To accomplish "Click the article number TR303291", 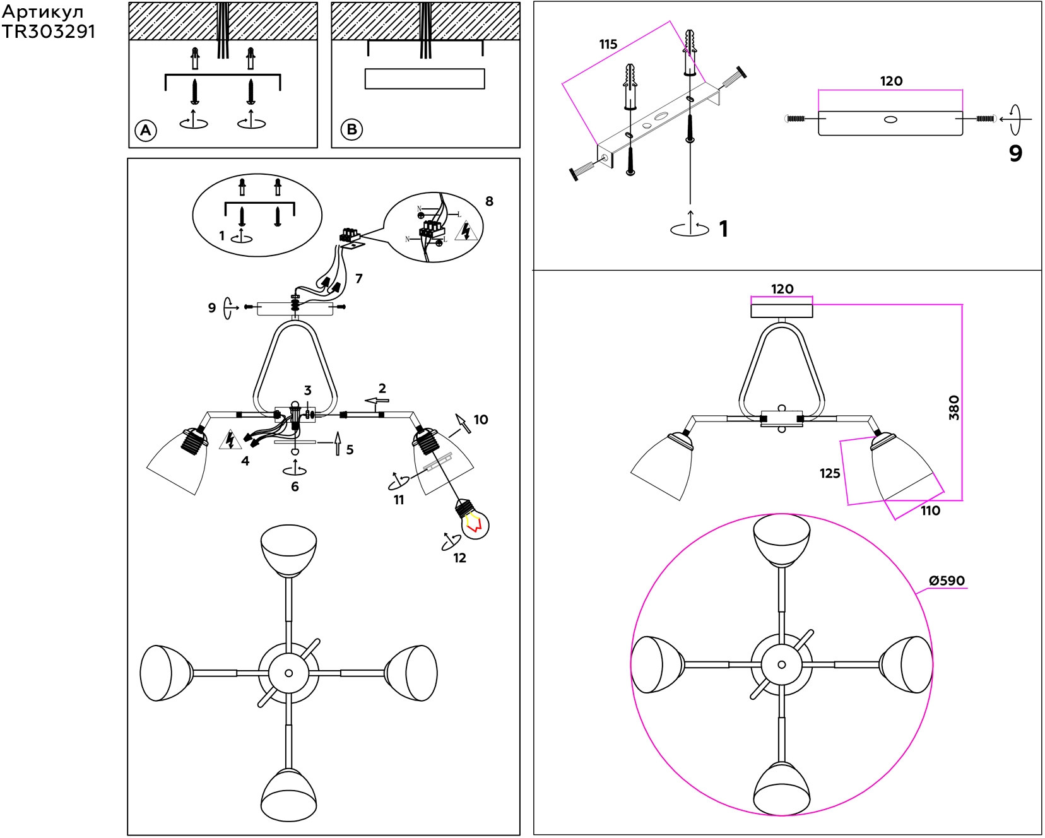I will [49, 32].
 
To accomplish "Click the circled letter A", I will [146, 131].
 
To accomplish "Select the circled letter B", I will [351, 129].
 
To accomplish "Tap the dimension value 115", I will [608, 44].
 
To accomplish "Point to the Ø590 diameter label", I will [947, 581].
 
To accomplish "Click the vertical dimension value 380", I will [954, 408].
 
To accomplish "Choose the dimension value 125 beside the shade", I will [830, 473].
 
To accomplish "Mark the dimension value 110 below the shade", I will [930, 510].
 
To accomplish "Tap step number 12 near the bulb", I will [459, 558].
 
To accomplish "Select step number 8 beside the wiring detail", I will [489, 201].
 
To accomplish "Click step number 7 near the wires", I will [358, 278].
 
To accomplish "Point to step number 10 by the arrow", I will [480, 420].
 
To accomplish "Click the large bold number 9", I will [1015, 153].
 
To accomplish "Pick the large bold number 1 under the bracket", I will [723, 229].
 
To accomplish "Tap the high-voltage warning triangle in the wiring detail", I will [466, 231].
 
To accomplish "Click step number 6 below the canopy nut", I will [295, 487].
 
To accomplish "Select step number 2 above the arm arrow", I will [382, 388].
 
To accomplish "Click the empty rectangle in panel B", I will [425, 79].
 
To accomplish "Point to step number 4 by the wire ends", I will [245, 461].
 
